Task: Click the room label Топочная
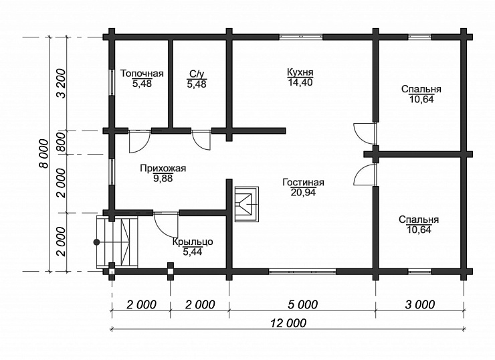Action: (x=142, y=74)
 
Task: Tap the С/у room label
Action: (x=197, y=74)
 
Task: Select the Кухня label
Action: (x=300, y=72)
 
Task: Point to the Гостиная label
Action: (x=304, y=183)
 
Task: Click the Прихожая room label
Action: (x=163, y=169)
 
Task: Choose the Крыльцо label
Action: (x=193, y=242)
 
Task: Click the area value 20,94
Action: (x=303, y=192)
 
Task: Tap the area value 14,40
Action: (x=300, y=82)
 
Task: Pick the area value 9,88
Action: (x=163, y=179)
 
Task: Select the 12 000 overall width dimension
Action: (x=288, y=323)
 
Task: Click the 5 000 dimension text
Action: (x=302, y=304)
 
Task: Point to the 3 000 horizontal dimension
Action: (x=420, y=304)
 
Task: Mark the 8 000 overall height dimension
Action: (x=44, y=153)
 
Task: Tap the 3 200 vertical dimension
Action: (x=62, y=84)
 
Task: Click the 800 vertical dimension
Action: (x=62, y=143)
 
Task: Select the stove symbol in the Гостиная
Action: (x=247, y=204)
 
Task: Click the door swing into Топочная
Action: (x=140, y=141)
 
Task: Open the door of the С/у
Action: (x=201, y=139)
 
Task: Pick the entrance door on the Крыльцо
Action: (x=166, y=224)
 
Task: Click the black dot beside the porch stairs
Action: (x=96, y=242)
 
